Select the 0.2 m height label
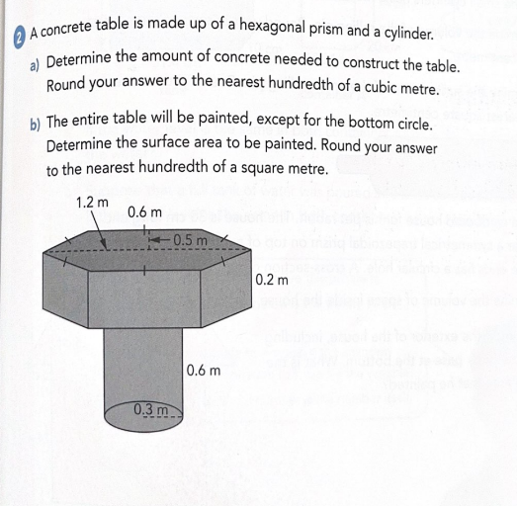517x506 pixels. click(x=271, y=280)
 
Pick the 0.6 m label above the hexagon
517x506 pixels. click(x=144, y=211)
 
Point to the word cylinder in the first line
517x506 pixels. click(x=400, y=34)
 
